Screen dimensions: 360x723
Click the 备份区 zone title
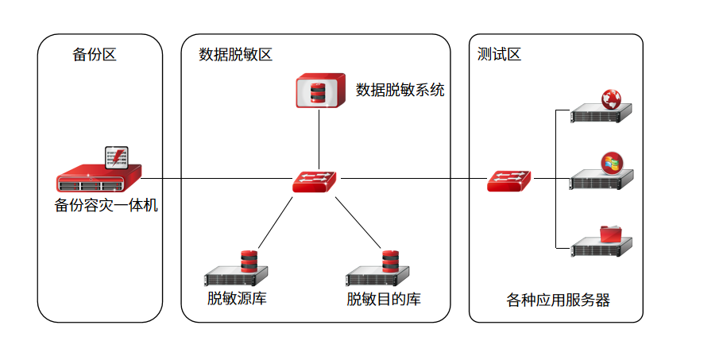click(95, 55)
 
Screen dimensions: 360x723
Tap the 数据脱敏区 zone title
click(235, 55)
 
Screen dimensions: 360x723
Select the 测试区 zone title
click(499, 55)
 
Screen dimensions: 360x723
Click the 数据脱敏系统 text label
click(400, 90)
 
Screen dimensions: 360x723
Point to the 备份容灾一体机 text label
click(106, 206)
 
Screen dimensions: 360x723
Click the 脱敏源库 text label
click(237, 299)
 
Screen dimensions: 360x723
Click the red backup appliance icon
click(99, 180)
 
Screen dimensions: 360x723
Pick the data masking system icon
click(319, 91)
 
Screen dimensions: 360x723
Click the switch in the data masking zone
click(314, 181)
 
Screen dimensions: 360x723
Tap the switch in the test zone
click(509, 181)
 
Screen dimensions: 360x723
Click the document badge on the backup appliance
click(117, 157)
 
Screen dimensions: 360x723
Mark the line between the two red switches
click(413, 180)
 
